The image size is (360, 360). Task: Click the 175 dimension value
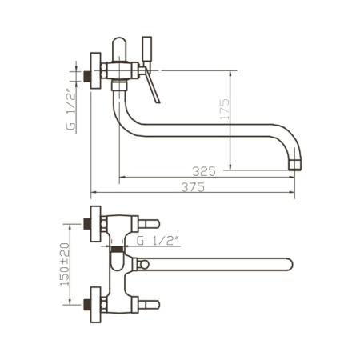click(x=225, y=109)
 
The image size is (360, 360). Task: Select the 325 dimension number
click(x=204, y=171)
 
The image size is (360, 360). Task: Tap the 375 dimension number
click(x=193, y=187)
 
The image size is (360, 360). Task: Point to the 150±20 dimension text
click(x=65, y=264)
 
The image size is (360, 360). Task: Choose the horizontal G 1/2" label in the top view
click(x=158, y=241)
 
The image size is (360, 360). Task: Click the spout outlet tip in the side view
click(x=295, y=166)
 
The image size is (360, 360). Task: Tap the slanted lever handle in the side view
click(x=152, y=86)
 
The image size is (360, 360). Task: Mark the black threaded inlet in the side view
click(x=86, y=76)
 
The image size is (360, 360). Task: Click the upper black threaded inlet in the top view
click(x=86, y=224)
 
